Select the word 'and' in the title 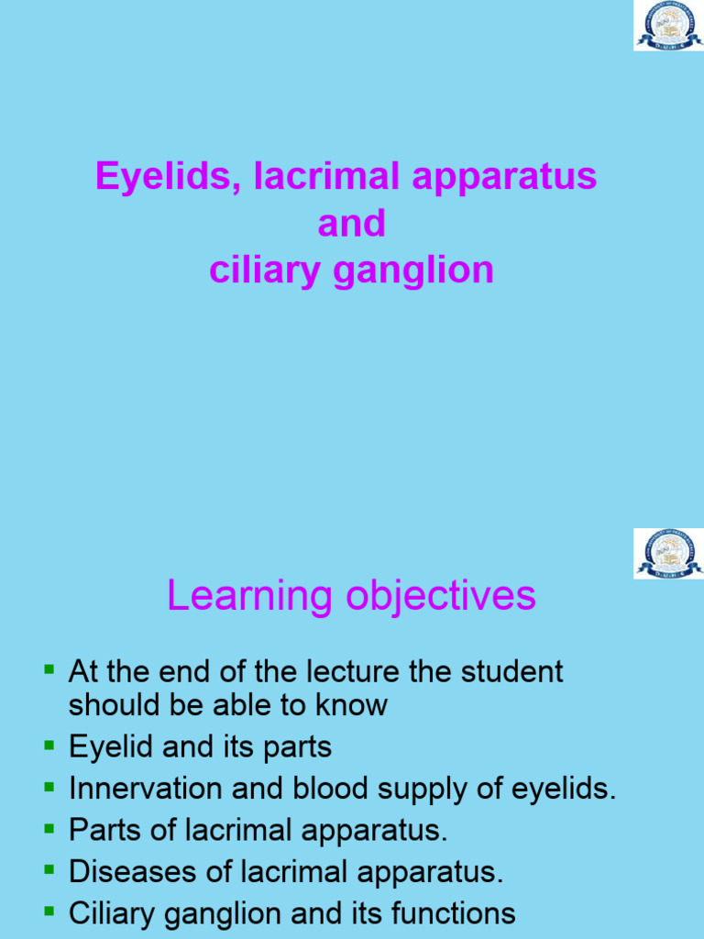point(351,224)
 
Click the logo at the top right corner point(668,26)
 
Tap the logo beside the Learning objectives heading point(668,553)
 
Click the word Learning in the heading point(248,596)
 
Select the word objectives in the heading point(441,596)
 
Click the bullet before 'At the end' point(49,670)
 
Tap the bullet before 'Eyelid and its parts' point(49,746)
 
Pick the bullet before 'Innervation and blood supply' point(49,787)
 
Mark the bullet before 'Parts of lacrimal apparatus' point(49,829)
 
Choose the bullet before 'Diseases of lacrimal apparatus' point(49,870)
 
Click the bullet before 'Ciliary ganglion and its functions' point(49,912)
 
